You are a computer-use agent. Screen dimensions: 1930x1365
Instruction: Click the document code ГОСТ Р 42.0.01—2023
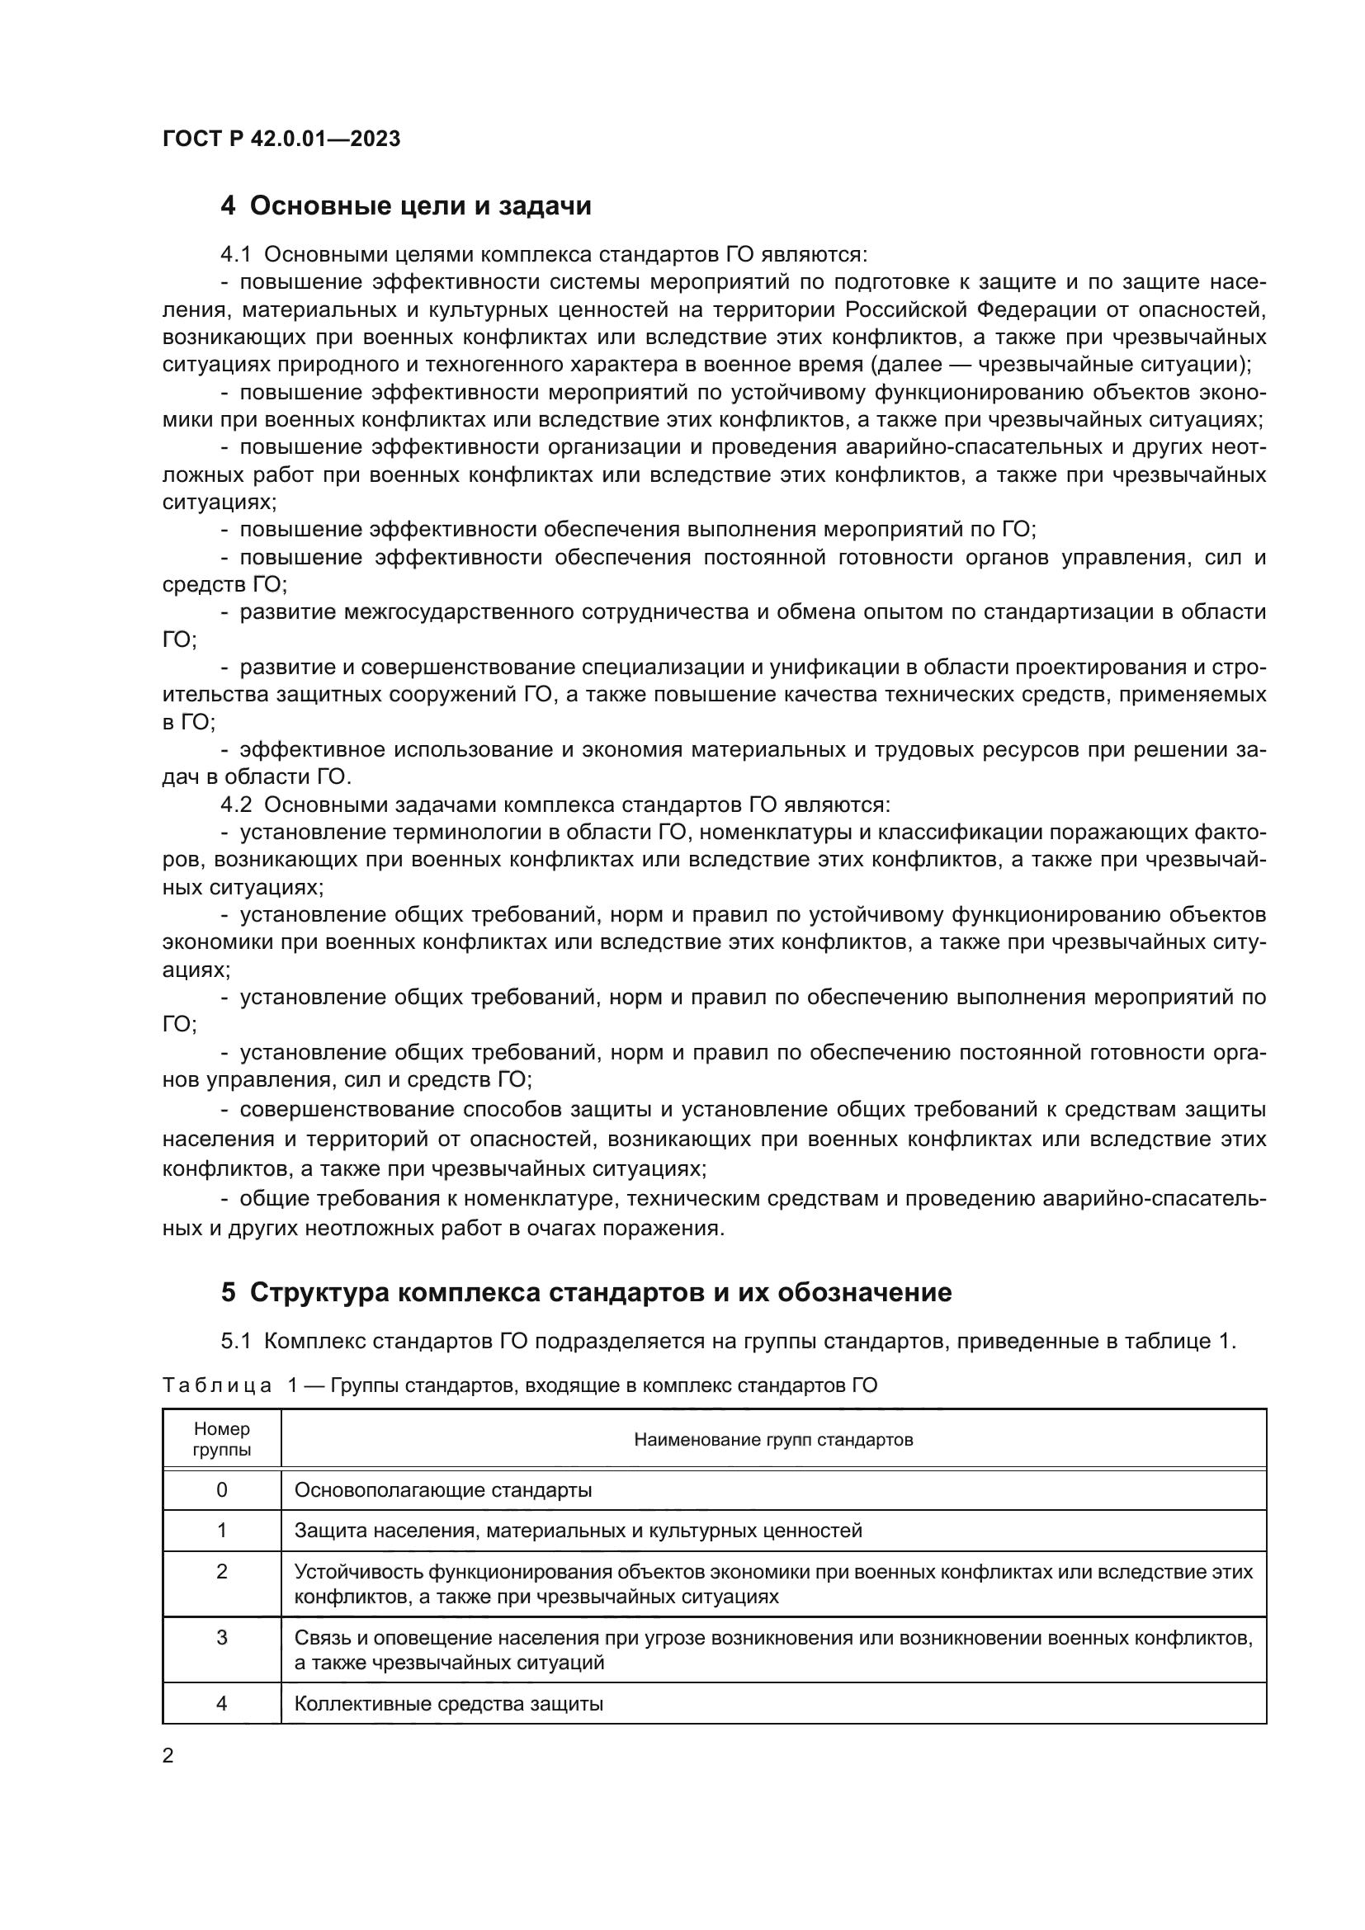(281, 139)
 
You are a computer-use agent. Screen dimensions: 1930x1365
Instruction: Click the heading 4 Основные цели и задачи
(406, 206)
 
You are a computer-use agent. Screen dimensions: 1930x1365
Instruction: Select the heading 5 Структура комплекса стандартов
(586, 1292)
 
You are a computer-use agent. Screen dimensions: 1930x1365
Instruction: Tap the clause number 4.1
(235, 254)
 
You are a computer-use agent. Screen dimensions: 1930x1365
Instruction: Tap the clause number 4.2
(235, 805)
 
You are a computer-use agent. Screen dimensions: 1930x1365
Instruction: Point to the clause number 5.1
(235, 1341)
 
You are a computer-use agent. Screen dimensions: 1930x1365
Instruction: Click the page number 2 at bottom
(168, 1755)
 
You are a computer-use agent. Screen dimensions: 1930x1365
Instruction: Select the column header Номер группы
(222, 1439)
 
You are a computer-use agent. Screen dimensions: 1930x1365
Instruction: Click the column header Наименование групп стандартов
(773, 1439)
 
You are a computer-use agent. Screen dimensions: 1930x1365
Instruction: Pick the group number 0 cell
(222, 1490)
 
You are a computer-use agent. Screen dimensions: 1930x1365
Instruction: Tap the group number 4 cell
(222, 1704)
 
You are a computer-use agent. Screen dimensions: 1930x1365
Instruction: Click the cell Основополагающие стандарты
(443, 1490)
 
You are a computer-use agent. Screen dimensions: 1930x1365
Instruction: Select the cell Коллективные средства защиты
(449, 1704)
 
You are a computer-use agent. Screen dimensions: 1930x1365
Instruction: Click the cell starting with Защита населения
(579, 1531)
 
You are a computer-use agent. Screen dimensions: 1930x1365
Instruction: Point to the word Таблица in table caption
(217, 1385)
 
